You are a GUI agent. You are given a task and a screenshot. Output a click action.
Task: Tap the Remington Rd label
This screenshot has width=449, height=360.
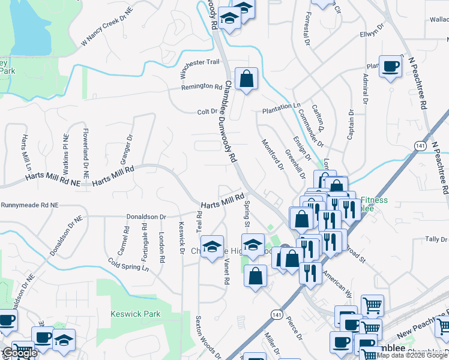(202, 87)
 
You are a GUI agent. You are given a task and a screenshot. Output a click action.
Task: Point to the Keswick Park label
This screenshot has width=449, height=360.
(127, 313)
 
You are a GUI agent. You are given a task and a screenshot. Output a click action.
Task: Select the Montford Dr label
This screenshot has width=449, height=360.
(272, 155)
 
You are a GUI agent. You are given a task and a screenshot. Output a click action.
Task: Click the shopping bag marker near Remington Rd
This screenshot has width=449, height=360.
(246, 79)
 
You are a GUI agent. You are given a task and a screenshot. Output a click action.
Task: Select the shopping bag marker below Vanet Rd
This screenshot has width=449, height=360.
(256, 276)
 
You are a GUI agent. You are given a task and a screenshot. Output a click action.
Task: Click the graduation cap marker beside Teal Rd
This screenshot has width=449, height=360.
(212, 247)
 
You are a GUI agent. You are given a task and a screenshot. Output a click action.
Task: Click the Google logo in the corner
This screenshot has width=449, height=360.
(19, 353)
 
